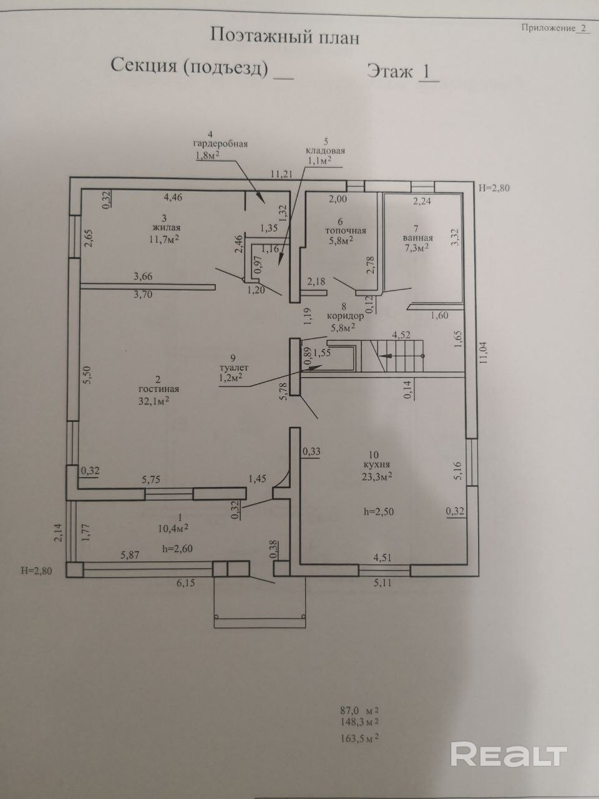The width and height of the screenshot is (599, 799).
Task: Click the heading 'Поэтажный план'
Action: [x=285, y=36]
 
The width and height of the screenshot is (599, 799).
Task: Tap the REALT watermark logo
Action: [x=509, y=755]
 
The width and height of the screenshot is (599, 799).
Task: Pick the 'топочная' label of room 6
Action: [x=345, y=230]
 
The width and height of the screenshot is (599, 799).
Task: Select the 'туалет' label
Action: [x=231, y=368]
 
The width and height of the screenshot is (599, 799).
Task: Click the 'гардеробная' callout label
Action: [x=220, y=144]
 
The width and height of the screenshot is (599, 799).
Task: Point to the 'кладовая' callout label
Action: [x=325, y=150]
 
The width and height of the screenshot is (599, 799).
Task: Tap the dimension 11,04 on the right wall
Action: [x=485, y=359]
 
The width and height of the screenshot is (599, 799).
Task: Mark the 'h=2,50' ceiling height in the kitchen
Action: [x=379, y=511]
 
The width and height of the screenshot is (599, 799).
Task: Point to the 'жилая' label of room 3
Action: [x=159, y=228]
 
